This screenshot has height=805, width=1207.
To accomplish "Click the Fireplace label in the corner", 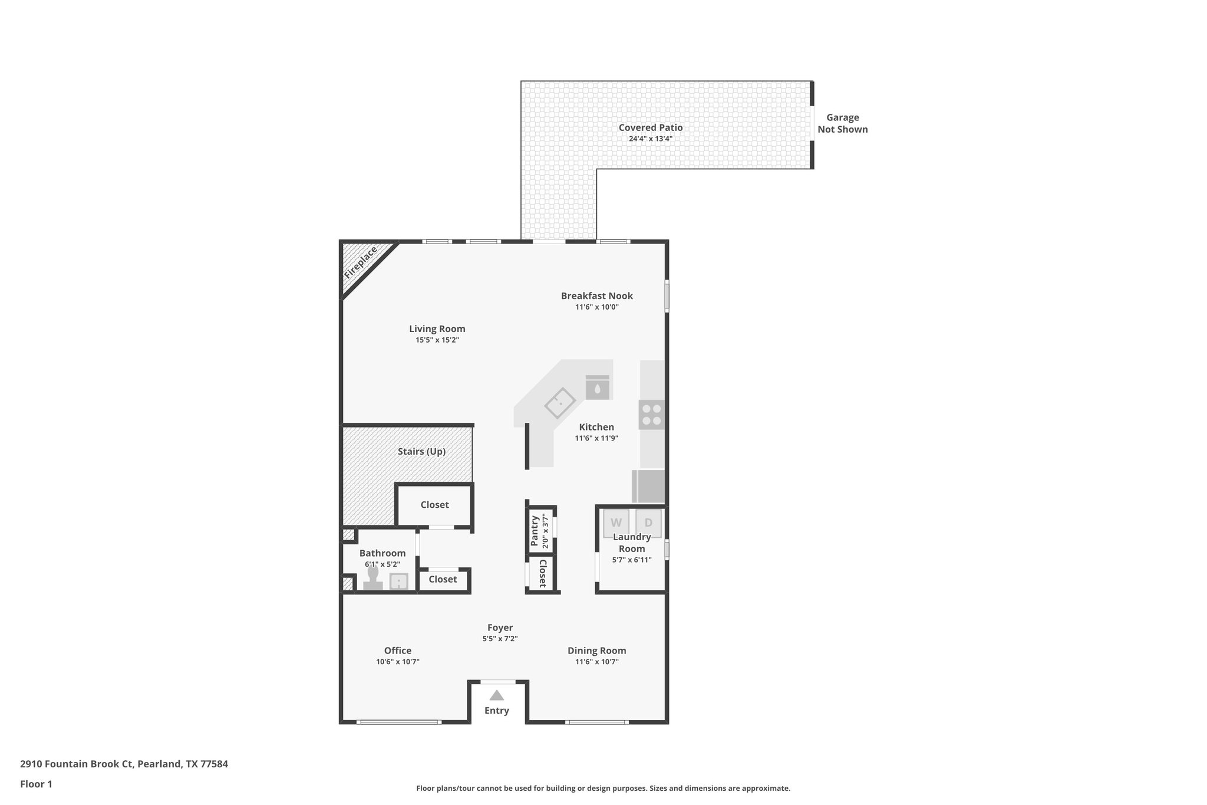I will [x=360, y=263].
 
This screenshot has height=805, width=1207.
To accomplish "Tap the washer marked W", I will [x=616, y=523].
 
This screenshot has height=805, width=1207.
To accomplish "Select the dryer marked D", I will [x=648, y=523].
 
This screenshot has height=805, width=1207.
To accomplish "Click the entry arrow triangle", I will [x=497, y=695].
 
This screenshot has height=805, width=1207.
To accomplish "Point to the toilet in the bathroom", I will [x=372, y=578].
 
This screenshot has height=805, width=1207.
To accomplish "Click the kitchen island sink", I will [x=560, y=403].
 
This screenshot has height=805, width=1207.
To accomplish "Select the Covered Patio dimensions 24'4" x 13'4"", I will [x=651, y=139].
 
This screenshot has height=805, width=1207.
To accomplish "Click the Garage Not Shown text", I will [x=842, y=123].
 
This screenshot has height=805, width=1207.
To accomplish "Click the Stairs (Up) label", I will [x=421, y=452].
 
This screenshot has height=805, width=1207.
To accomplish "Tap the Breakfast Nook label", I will [x=596, y=296].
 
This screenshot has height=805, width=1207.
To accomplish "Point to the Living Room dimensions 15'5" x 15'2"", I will [x=437, y=340].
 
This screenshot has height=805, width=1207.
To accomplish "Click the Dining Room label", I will [x=596, y=650].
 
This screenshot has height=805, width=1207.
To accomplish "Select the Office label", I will [x=398, y=650].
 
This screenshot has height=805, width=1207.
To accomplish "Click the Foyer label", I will [x=500, y=627].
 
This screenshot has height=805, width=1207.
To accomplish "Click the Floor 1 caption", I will [x=36, y=784].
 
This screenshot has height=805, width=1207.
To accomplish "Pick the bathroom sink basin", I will [x=399, y=582].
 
